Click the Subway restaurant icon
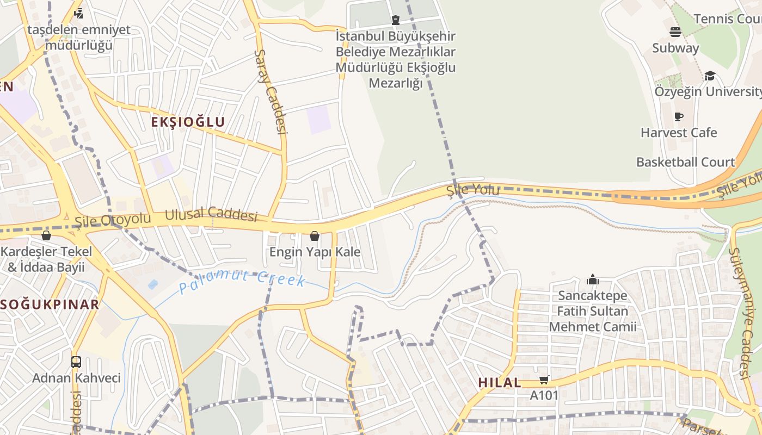point(675,32)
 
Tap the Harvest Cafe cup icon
point(678,116)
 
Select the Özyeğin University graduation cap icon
point(710,76)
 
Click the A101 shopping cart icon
point(544,380)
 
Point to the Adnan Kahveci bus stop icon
point(76,362)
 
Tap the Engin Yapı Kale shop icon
point(315,236)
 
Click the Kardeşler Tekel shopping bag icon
point(46,235)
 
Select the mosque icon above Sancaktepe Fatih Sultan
point(593,280)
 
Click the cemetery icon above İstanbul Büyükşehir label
point(396,20)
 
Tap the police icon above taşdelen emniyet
point(79,13)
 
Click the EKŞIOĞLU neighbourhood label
point(188,122)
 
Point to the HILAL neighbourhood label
point(500,382)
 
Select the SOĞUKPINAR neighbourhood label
point(50,304)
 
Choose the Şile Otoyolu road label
point(113,219)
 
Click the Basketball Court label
point(685,162)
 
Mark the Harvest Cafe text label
point(678,133)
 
